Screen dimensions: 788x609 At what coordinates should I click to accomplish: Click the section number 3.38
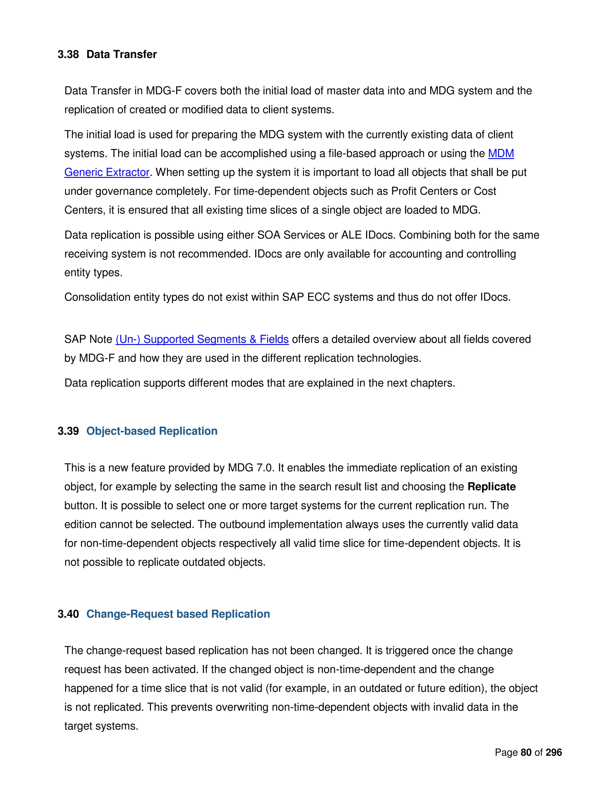[x=68, y=54]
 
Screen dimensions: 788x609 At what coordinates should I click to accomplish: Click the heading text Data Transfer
[x=122, y=54]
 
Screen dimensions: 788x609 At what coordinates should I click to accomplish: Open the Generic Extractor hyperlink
[x=107, y=172]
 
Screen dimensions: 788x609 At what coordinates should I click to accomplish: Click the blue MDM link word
[x=501, y=154]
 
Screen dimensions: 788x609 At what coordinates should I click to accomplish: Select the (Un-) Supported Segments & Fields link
[x=202, y=340]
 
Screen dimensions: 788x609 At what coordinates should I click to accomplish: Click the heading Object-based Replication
[x=152, y=431]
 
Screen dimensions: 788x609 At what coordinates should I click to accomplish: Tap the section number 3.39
[x=68, y=431]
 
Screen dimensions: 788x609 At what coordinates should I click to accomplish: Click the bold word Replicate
[x=491, y=487]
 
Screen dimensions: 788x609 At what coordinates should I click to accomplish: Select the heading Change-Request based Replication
[x=178, y=614]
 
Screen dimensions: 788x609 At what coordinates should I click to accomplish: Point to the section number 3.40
[x=68, y=614]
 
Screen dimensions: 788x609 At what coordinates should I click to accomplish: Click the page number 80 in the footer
[x=526, y=752]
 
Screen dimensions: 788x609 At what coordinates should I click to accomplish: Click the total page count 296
[x=554, y=752]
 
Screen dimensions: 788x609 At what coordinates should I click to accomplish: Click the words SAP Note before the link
[x=88, y=340]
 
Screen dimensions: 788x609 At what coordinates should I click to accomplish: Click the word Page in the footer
[x=506, y=752]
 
